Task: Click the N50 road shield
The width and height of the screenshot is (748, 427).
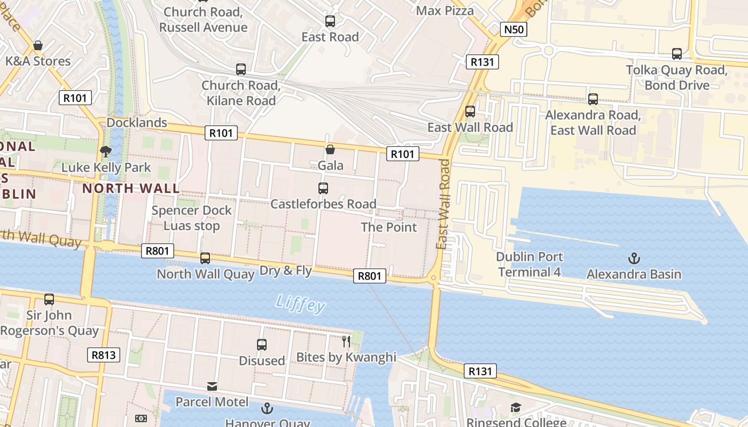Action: [513, 29]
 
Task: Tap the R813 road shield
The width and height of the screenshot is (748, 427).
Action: [104, 355]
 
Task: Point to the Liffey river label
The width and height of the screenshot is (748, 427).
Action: [300, 304]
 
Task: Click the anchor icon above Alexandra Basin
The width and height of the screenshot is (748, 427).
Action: [634, 259]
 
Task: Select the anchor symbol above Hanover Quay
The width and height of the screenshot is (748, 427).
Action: [267, 409]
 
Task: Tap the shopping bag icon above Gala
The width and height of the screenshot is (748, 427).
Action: [330, 149]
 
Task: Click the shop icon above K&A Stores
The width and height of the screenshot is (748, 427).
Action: [38, 45]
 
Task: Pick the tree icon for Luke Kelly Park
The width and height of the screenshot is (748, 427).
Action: [106, 152]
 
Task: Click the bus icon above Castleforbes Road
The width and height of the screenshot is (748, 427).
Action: [323, 188]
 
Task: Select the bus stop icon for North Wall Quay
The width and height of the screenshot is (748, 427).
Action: [205, 258]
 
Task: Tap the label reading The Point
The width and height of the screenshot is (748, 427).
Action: [388, 227]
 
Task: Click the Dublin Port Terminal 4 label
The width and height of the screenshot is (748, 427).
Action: [529, 264]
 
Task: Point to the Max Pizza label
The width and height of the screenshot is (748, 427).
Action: [445, 11]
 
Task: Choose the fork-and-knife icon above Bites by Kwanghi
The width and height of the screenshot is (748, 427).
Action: [346, 341]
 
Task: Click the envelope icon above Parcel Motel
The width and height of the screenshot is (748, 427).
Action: [212, 386]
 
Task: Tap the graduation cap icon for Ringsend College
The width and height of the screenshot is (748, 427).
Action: [516, 408]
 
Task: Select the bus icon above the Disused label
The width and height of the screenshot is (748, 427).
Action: [262, 345]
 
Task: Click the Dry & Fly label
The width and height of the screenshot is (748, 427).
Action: [285, 271]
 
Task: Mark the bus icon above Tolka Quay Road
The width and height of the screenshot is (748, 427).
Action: [677, 54]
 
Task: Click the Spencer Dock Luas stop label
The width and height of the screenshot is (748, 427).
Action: [191, 218]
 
